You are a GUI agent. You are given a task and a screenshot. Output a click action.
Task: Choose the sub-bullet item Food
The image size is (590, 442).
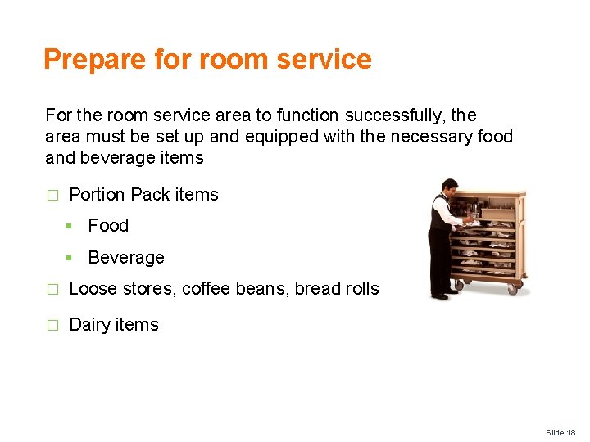click(x=108, y=225)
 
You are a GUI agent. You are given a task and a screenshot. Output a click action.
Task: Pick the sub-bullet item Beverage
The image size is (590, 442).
click(x=125, y=257)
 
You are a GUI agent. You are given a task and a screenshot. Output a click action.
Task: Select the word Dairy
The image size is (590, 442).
click(x=90, y=325)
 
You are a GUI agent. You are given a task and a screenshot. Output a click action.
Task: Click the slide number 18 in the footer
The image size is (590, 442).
click(x=570, y=432)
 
